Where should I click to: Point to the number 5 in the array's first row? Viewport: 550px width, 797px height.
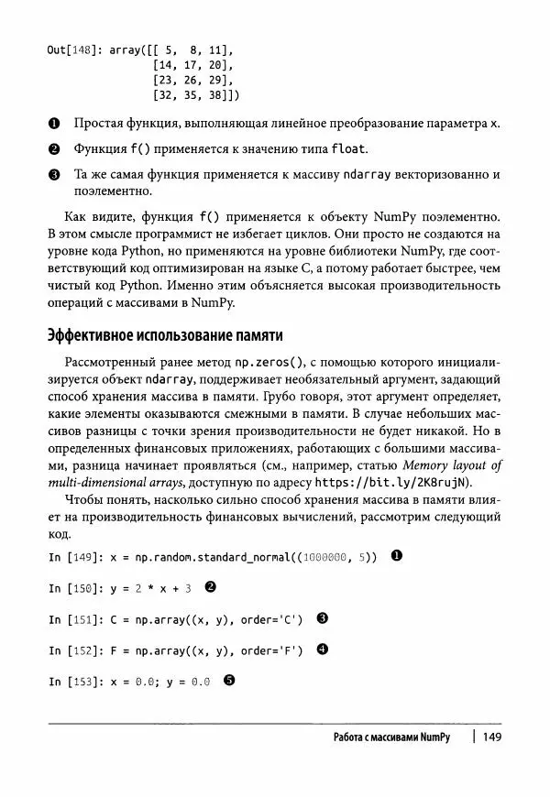(x=170, y=51)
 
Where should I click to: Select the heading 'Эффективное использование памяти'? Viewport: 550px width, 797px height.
(x=164, y=335)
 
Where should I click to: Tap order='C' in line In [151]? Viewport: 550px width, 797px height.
(x=271, y=619)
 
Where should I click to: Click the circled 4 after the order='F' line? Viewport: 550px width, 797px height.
(x=322, y=650)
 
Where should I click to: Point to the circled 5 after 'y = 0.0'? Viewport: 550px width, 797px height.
(x=229, y=681)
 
